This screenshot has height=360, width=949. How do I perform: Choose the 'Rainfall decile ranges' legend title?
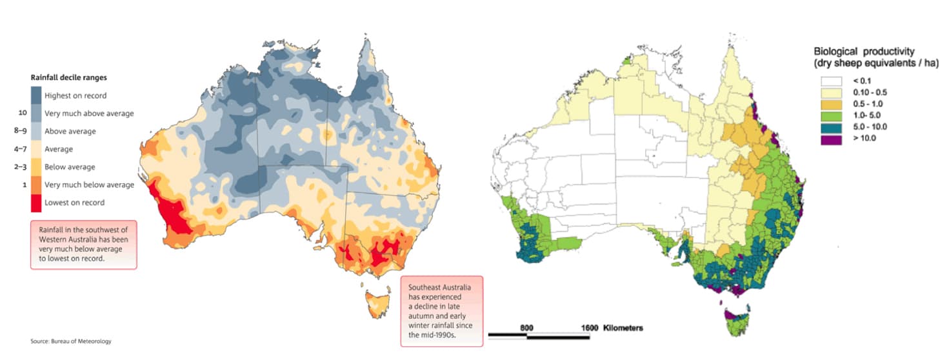point(69,77)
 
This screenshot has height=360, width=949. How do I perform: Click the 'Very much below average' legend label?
point(89,185)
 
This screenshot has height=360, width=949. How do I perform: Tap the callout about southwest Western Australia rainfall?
point(83,245)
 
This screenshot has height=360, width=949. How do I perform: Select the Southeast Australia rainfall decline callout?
point(441,311)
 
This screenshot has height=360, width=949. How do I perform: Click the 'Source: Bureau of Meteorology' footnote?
point(66,341)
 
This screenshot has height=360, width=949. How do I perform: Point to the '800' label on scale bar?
point(527,327)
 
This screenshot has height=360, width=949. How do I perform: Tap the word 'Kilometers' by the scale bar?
point(623,327)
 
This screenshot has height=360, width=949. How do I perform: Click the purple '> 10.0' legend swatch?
point(833,139)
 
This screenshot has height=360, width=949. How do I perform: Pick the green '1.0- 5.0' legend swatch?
point(833,115)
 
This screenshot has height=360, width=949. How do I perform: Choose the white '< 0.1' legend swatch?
point(833,81)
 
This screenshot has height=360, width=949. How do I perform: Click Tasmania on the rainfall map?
point(375,304)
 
